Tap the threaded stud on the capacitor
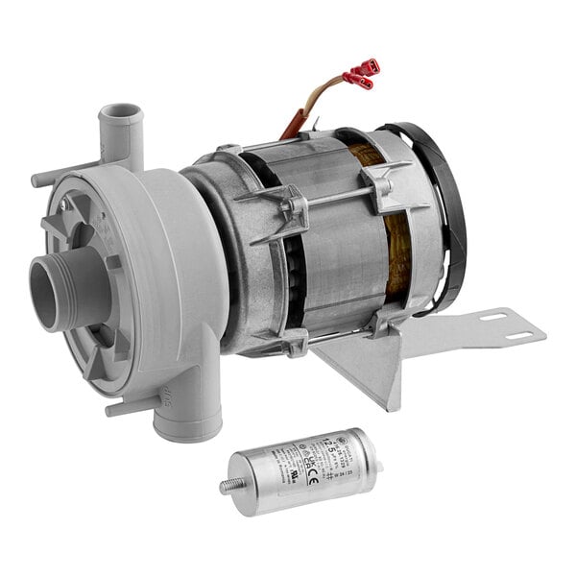229,486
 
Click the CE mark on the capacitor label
312,475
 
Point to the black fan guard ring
447,211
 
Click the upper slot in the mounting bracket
495,317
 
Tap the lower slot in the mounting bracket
517,337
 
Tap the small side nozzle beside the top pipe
48,179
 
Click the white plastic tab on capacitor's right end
378,468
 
